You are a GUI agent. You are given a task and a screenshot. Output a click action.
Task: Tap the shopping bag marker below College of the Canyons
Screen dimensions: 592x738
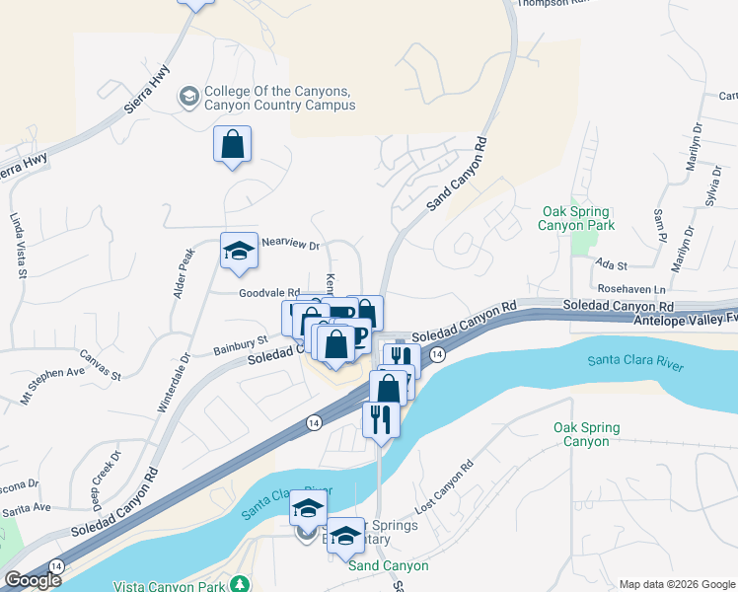(232, 145)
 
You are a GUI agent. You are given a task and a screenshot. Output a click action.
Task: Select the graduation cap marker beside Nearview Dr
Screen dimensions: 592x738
(239, 253)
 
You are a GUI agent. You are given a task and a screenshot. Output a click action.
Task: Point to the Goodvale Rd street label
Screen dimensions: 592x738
(268, 293)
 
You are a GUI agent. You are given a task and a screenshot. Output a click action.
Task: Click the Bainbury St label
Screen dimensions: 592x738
(241, 346)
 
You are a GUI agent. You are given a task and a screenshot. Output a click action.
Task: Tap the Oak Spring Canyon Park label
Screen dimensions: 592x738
(575, 219)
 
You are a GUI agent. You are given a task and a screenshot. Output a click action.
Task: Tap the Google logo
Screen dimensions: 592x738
(34, 580)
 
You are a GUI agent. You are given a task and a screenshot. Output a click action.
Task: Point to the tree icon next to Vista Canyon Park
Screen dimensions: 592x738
(239, 585)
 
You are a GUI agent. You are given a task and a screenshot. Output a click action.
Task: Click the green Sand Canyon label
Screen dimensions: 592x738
(389, 565)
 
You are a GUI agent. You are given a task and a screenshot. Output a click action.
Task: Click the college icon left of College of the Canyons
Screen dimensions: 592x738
(187, 97)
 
